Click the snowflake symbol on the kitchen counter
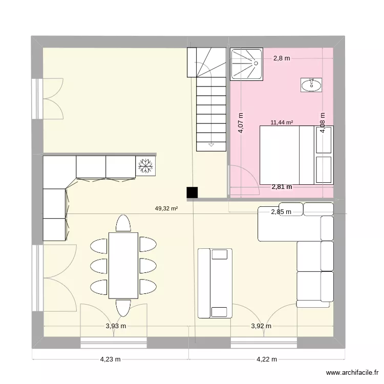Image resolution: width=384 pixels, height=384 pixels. (x=146, y=165)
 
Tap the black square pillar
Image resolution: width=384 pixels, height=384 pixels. (x=192, y=192)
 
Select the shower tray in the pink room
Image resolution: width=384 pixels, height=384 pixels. (x=247, y=64)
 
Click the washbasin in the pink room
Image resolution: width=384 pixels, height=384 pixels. (x=311, y=85)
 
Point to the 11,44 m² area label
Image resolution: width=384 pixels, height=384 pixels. (x=282, y=122)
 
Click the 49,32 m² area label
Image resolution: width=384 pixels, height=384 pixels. (x=166, y=208)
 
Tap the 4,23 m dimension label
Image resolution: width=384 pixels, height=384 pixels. (x=110, y=359)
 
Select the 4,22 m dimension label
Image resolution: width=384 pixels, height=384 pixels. (x=267, y=359)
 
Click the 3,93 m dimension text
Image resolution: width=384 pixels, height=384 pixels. (x=116, y=326)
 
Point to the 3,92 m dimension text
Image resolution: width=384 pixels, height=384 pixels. (x=261, y=326)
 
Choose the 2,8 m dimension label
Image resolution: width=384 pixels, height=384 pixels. (x=282, y=58)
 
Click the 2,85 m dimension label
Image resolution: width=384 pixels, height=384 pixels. (x=281, y=211)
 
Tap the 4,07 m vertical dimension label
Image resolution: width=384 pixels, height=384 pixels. (x=241, y=123)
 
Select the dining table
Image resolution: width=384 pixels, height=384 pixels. (x=123, y=265)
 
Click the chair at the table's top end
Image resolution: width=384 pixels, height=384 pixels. (x=123, y=223)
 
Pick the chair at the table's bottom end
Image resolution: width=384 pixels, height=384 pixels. (x=123, y=307)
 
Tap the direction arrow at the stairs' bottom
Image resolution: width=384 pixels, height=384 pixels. (x=211, y=145)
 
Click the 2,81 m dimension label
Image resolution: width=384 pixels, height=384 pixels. (x=282, y=187)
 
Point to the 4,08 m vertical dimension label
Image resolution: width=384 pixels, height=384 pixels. (x=323, y=123)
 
